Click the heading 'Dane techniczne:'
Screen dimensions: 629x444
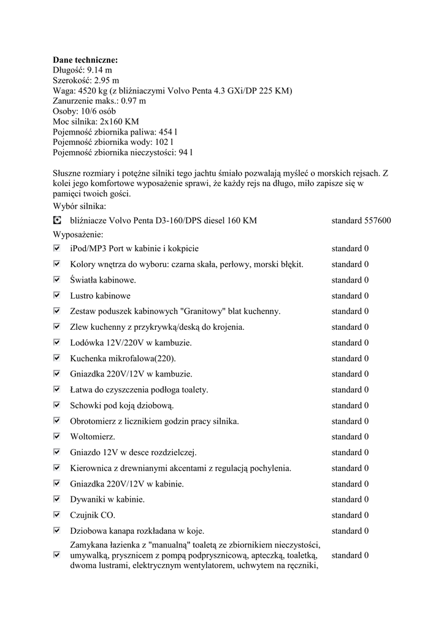point(85,60)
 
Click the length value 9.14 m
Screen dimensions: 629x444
point(100,71)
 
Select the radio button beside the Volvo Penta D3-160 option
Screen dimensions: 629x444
point(57,220)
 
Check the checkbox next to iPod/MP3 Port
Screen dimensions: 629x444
point(57,248)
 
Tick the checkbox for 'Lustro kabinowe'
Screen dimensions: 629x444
point(57,295)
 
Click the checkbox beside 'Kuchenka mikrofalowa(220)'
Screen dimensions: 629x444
point(57,358)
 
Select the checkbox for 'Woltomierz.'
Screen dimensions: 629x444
point(57,437)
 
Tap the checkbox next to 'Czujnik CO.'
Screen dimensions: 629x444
point(57,515)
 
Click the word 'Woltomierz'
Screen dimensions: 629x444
point(92,437)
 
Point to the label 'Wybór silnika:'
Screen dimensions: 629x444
point(80,206)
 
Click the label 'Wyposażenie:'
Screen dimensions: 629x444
point(78,235)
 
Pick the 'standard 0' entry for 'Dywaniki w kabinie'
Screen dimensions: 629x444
point(350,499)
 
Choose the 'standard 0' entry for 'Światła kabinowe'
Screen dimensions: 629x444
point(350,280)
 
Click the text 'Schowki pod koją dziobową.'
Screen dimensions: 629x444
point(123,405)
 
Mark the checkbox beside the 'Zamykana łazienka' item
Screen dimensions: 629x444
point(57,555)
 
